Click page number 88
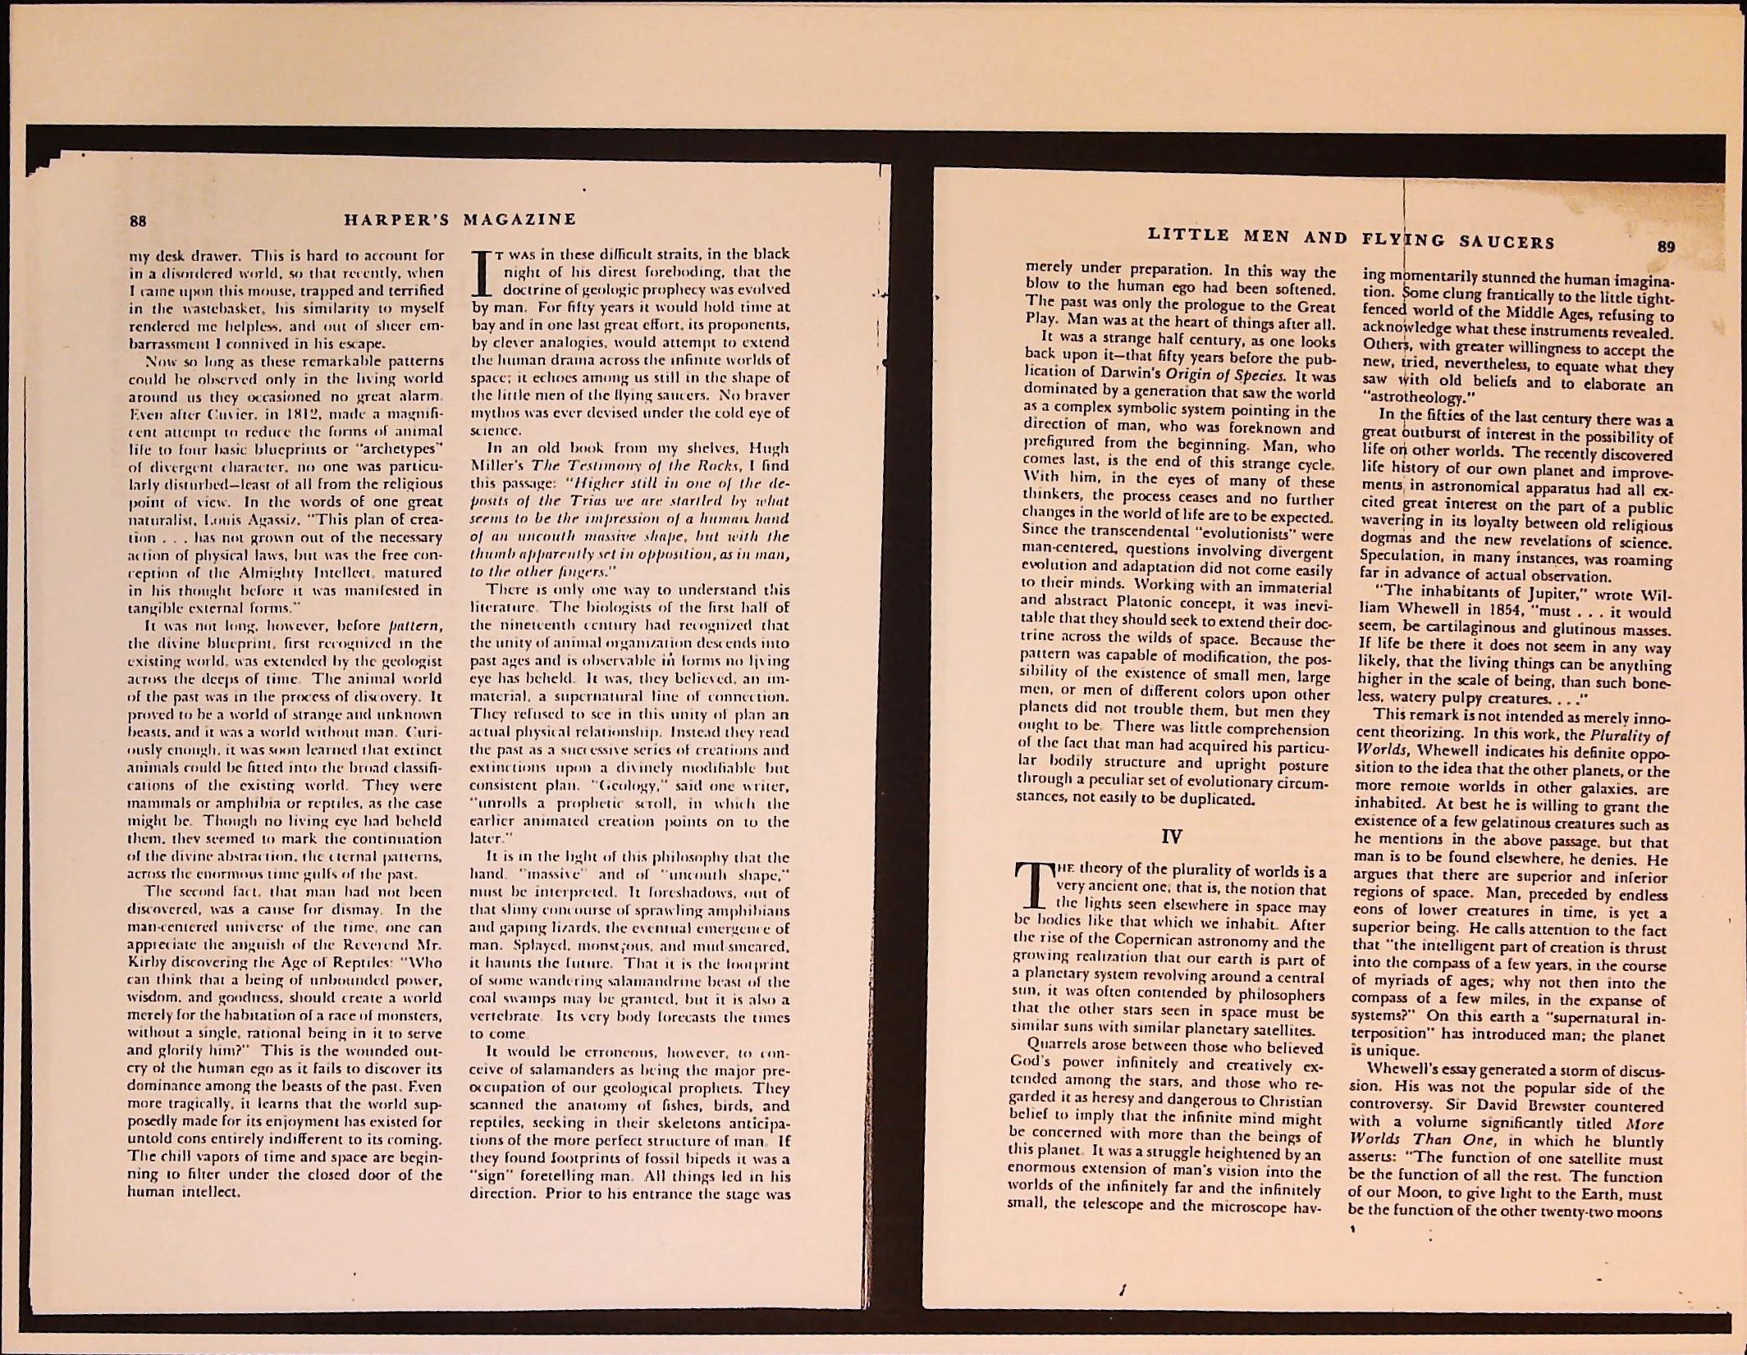pyautogui.click(x=138, y=221)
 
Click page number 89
pyautogui.click(x=1666, y=247)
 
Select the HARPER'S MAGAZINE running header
pyautogui.click(x=460, y=220)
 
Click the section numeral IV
pyautogui.click(x=1172, y=837)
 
